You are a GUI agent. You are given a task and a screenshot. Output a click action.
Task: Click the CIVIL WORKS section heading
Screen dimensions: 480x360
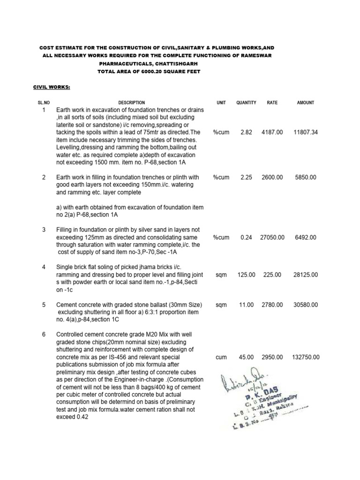pos(51,87)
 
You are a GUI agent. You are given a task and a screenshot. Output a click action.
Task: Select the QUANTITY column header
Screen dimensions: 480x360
pos(246,103)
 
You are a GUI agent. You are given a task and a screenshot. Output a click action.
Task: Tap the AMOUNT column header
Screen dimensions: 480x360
pos(306,103)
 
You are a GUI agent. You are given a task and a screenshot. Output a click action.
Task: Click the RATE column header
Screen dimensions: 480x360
pos(272,103)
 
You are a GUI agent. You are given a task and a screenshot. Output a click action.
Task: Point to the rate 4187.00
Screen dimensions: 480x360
pos(272,133)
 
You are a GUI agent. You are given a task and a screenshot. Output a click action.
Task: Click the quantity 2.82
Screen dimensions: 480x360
pos(246,133)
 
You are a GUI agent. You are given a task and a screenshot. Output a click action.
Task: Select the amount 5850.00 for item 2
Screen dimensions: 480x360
pos(306,178)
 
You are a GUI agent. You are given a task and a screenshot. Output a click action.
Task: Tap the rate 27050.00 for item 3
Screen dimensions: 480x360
pos(272,238)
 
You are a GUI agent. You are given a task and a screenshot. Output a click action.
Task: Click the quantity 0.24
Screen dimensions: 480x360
pos(246,238)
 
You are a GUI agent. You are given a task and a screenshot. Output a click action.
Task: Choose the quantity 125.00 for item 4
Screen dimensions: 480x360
pos(246,275)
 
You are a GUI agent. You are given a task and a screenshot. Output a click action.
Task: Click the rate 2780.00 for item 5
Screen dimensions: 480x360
pos(272,305)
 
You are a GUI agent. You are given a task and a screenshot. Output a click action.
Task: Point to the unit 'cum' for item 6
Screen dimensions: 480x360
pos(221,357)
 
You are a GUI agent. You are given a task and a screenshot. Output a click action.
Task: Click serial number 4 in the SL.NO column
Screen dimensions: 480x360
pos(44,267)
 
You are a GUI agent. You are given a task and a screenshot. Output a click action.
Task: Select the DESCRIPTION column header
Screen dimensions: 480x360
pos(131,103)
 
